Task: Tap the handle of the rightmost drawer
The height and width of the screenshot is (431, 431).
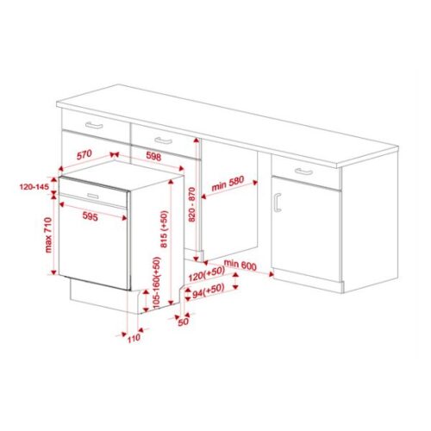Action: pyautogui.click(x=305, y=172)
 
